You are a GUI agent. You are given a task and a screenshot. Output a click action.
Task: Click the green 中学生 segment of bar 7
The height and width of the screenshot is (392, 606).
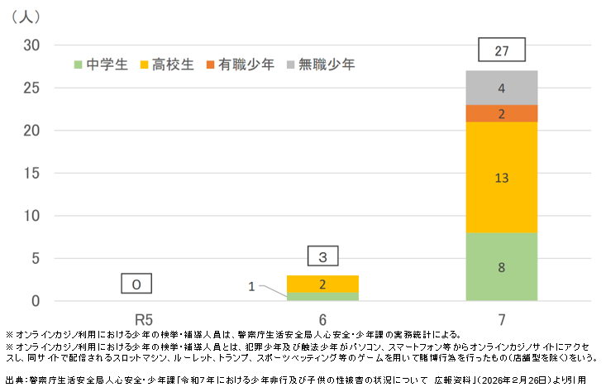point(501,266)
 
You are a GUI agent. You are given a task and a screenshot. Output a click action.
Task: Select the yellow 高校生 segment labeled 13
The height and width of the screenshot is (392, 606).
point(501,176)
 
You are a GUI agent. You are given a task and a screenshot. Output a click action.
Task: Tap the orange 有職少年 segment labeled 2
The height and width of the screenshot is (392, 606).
point(501,113)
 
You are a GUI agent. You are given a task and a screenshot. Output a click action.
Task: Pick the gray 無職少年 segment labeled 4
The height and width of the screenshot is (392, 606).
point(501,88)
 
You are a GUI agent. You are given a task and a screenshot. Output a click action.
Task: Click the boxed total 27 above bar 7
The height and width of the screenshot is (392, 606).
point(501,51)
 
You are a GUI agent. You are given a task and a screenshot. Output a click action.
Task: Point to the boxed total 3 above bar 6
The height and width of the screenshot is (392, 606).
point(322,256)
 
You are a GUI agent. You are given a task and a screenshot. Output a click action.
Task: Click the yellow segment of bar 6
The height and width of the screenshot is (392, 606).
point(322,284)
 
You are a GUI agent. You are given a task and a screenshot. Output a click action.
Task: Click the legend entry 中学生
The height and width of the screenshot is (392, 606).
point(101,64)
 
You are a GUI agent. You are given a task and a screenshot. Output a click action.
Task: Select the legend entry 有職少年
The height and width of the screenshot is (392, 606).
point(239,64)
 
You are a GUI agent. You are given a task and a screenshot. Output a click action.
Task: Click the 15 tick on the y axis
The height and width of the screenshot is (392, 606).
point(31,173)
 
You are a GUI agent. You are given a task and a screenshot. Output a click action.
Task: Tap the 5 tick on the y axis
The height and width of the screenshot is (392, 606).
point(35,258)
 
